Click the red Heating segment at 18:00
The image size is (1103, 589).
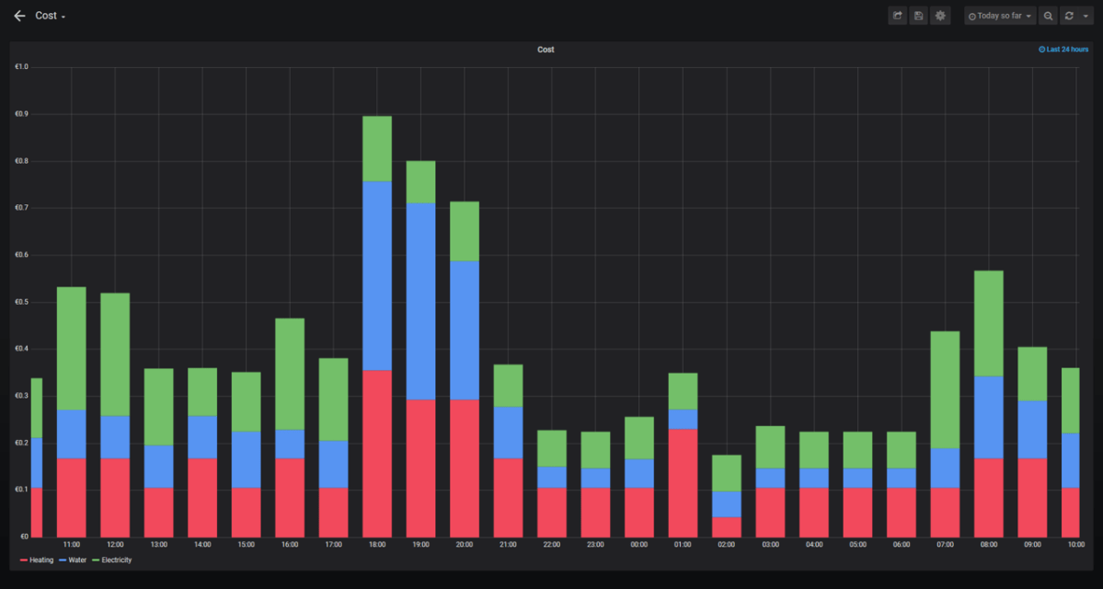pos(377,454)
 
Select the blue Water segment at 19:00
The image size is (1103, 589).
pos(420,301)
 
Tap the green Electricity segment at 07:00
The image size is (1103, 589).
pos(945,389)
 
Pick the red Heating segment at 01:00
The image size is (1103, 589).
pos(683,482)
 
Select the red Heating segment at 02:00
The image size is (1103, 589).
pos(727,526)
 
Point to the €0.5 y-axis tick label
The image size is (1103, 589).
pos(21,302)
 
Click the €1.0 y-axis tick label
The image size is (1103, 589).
pos(21,67)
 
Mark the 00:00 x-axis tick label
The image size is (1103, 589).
pos(638,545)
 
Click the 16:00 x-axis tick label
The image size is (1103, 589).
pos(290,545)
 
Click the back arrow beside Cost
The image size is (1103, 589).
pos(19,16)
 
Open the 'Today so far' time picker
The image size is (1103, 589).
pos(1000,16)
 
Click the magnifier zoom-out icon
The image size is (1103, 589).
pos(1049,16)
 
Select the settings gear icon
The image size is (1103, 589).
pos(939,16)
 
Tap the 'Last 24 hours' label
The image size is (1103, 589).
pos(1063,50)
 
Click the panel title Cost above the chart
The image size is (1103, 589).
pos(546,50)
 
